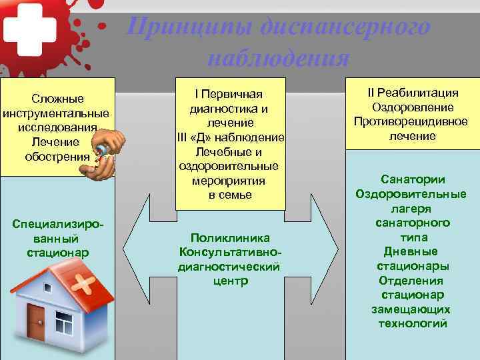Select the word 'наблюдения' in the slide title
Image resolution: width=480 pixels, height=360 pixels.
pos(278,58)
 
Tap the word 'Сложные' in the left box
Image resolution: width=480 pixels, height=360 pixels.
pos(57,99)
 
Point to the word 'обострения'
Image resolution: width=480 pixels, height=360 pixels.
pos(57,157)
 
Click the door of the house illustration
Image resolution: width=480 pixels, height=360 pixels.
pos(36,320)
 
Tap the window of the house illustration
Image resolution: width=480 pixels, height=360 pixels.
pos(65,325)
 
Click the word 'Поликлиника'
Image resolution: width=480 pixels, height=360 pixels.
pos(230,237)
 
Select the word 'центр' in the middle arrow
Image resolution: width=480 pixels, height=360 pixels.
pos(230,280)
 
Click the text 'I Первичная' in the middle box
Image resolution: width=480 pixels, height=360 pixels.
pos(229,93)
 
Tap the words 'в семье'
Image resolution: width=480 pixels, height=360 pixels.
pos(230,195)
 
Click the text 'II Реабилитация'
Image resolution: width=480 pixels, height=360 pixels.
pos(413,93)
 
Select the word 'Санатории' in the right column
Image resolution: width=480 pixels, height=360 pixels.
pos(413,179)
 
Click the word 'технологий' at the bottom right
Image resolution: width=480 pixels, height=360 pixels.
pos(412,324)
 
